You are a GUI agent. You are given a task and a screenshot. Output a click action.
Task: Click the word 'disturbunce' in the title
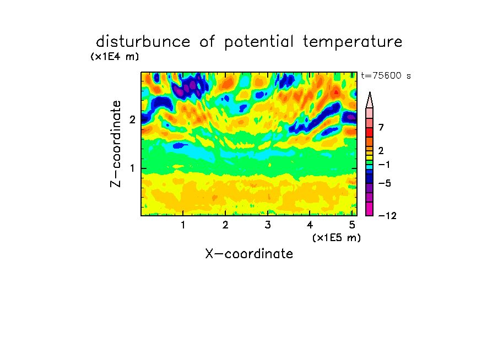(143, 42)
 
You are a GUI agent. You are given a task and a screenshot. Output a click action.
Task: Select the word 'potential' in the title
(259, 42)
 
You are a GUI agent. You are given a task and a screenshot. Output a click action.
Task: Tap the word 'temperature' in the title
(353, 42)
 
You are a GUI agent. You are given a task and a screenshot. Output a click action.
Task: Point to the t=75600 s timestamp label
(386, 75)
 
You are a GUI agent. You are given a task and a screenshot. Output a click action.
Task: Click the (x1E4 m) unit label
(115, 57)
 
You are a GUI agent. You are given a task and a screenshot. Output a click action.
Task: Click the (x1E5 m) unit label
(337, 238)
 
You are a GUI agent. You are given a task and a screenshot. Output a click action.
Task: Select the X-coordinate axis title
(249, 254)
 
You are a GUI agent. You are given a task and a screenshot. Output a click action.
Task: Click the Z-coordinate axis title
(116, 144)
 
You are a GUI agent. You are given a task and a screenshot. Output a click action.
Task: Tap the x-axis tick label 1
(183, 225)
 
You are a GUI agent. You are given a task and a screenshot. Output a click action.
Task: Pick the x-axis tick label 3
(268, 225)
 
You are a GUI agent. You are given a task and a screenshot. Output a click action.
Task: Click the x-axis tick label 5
(352, 225)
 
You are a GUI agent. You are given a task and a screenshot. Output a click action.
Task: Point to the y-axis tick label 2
(132, 119)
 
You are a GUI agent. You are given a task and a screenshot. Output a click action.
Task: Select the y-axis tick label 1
(132, 168)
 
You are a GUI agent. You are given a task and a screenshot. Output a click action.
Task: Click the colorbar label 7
(381, 127)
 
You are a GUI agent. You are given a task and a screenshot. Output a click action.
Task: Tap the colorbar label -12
(387, 216)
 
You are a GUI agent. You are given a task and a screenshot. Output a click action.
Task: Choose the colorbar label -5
(385, 183)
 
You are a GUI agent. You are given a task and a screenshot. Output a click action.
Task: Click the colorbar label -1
(384, 165)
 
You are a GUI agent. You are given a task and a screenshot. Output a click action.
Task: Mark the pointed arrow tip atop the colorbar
(370, 92)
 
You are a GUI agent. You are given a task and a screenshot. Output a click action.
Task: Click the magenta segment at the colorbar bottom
(370, 209)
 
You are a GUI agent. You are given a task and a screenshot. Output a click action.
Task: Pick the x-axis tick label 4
(310, 225)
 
